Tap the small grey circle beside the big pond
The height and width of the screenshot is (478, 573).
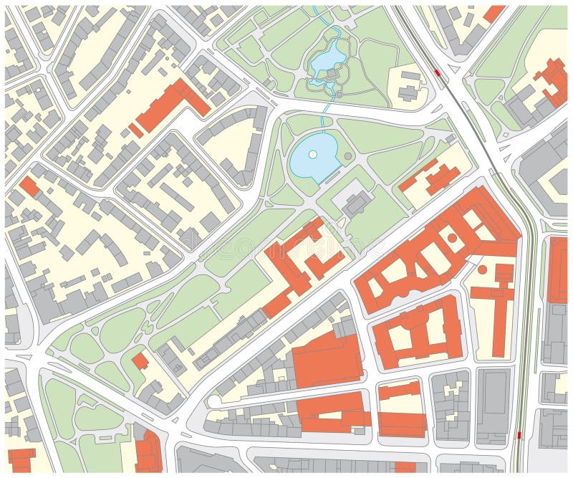click(348, 156)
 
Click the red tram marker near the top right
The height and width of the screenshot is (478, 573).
click(437, 73)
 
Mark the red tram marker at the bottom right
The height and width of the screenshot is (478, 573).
click(519, 435)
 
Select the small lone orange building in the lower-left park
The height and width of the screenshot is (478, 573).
click(140, 361)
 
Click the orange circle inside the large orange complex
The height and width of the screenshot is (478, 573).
click(452, 237)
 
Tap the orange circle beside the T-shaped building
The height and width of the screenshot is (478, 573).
click(482, 269)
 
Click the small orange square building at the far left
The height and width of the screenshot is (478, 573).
click(29, 186)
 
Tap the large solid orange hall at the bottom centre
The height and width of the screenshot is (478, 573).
click(327, 360)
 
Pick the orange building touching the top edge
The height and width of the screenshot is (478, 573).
click(493, 13)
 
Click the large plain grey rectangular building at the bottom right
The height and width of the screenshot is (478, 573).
click(493, 405)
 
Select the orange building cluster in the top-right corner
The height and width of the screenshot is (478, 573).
click(551, 83)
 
